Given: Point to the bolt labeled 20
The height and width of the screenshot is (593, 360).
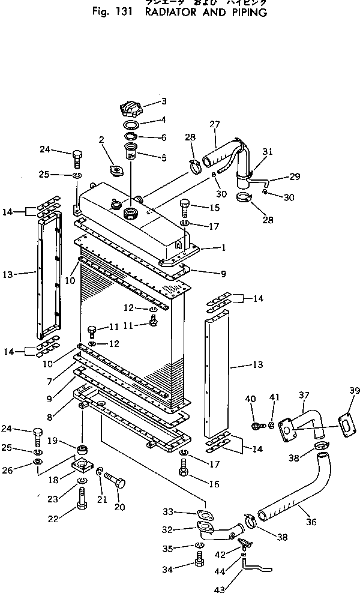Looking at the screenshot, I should [x=115, y=480].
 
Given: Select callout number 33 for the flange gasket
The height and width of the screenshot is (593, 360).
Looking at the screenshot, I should [x=168, y=511].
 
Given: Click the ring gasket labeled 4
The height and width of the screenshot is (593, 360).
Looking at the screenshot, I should [x=131, y=125].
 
